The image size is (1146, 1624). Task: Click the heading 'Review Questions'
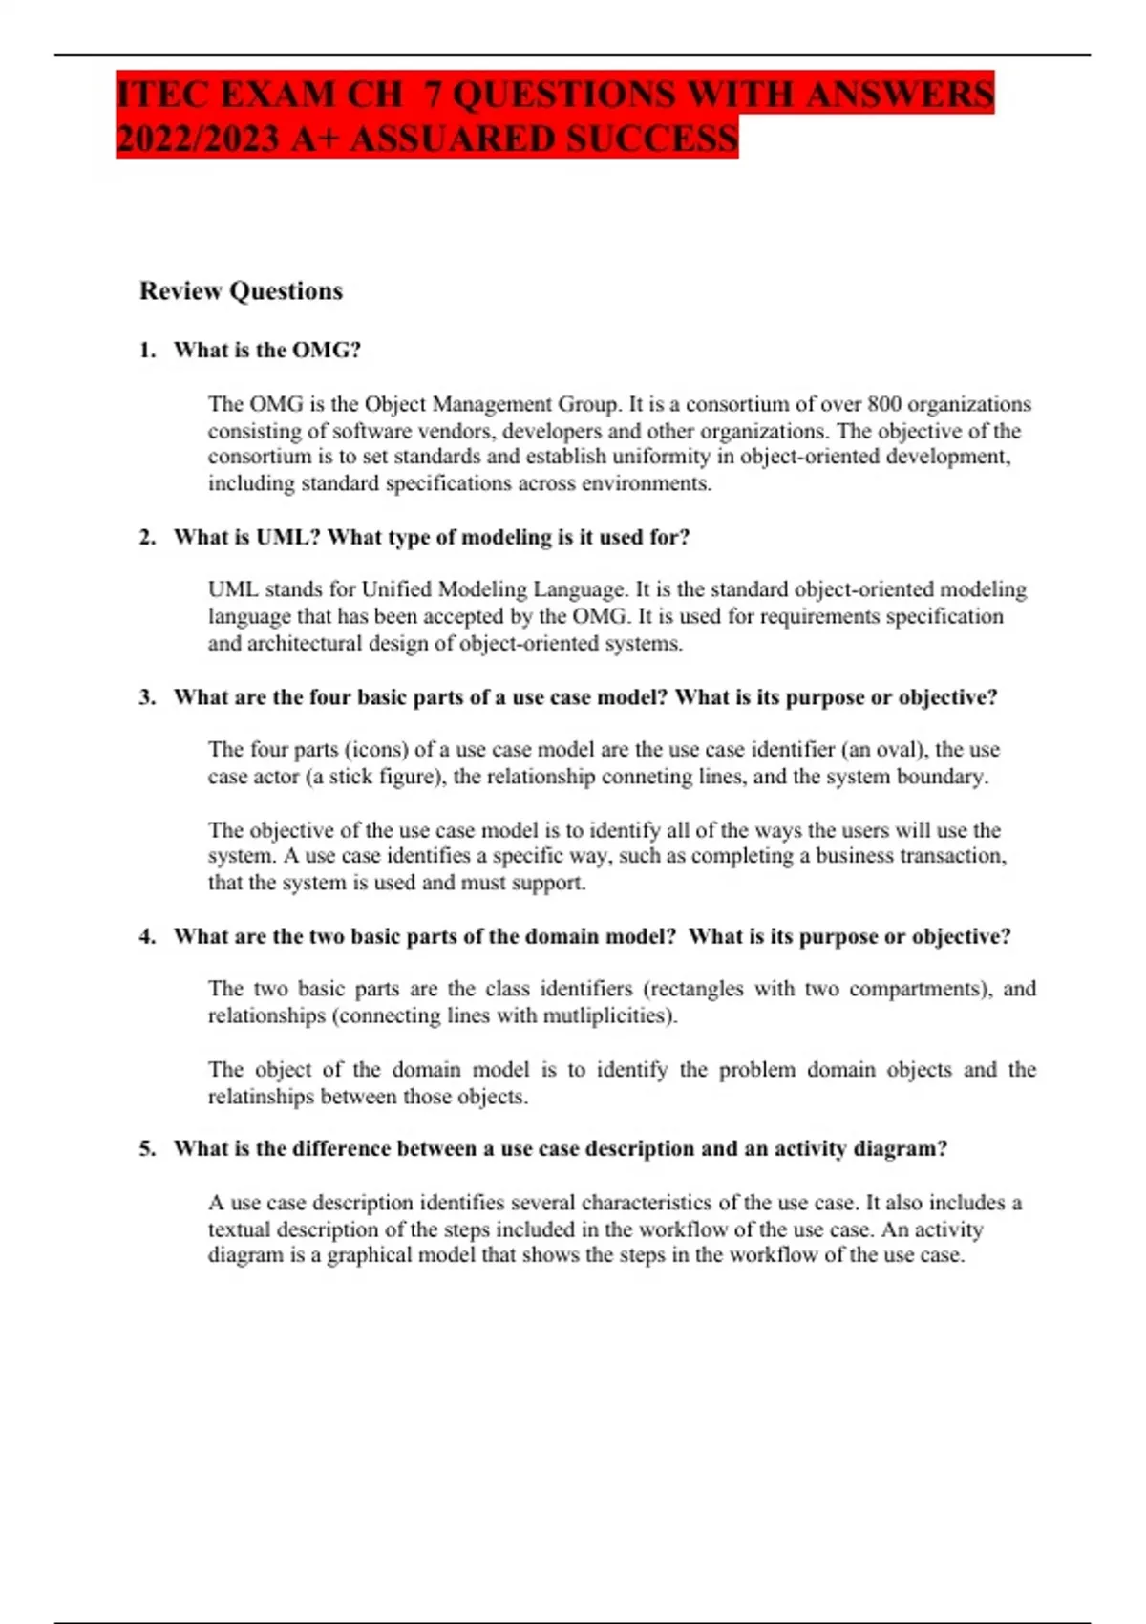pos(241,291)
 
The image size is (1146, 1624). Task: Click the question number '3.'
pos(148,697)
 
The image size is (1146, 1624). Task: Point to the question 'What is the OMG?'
pos(267,351)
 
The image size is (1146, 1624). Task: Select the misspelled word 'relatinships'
pos(262,1097)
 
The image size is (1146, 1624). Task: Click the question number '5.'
pos(148,1149)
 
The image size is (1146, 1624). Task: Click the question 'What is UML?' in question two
pos(247,537)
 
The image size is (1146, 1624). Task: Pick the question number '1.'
pos(148,351)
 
